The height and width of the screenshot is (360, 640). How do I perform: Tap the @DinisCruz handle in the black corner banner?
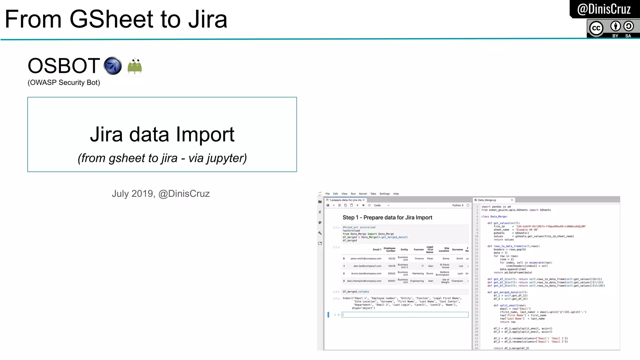(604, 9)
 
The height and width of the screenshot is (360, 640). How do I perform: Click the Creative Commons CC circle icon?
(596, 28)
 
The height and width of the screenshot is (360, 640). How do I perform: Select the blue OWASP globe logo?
(112, 66)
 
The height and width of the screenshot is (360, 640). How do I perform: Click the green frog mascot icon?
(135, 66)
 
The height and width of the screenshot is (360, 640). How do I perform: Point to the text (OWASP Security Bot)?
(64, 82)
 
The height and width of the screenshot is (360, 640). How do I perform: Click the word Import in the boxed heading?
(205, 134)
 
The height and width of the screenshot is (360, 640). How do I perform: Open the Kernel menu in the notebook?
(363, 194)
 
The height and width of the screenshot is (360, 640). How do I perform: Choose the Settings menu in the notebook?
(384, 194)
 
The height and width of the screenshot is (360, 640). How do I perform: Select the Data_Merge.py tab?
(487, 200)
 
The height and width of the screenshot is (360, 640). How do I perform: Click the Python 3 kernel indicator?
(458, 205)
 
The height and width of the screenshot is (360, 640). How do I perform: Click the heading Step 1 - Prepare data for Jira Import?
(387, 217)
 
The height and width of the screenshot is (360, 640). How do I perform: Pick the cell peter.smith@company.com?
(366, 258)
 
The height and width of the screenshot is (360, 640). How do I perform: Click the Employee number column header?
(389, 249)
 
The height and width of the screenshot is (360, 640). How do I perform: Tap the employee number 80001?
(392, 281)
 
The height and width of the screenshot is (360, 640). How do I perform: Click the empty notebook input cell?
(405, 315)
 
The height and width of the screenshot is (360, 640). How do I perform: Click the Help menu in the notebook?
(396, 194)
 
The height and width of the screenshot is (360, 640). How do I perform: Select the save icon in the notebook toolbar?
(328, 205)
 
